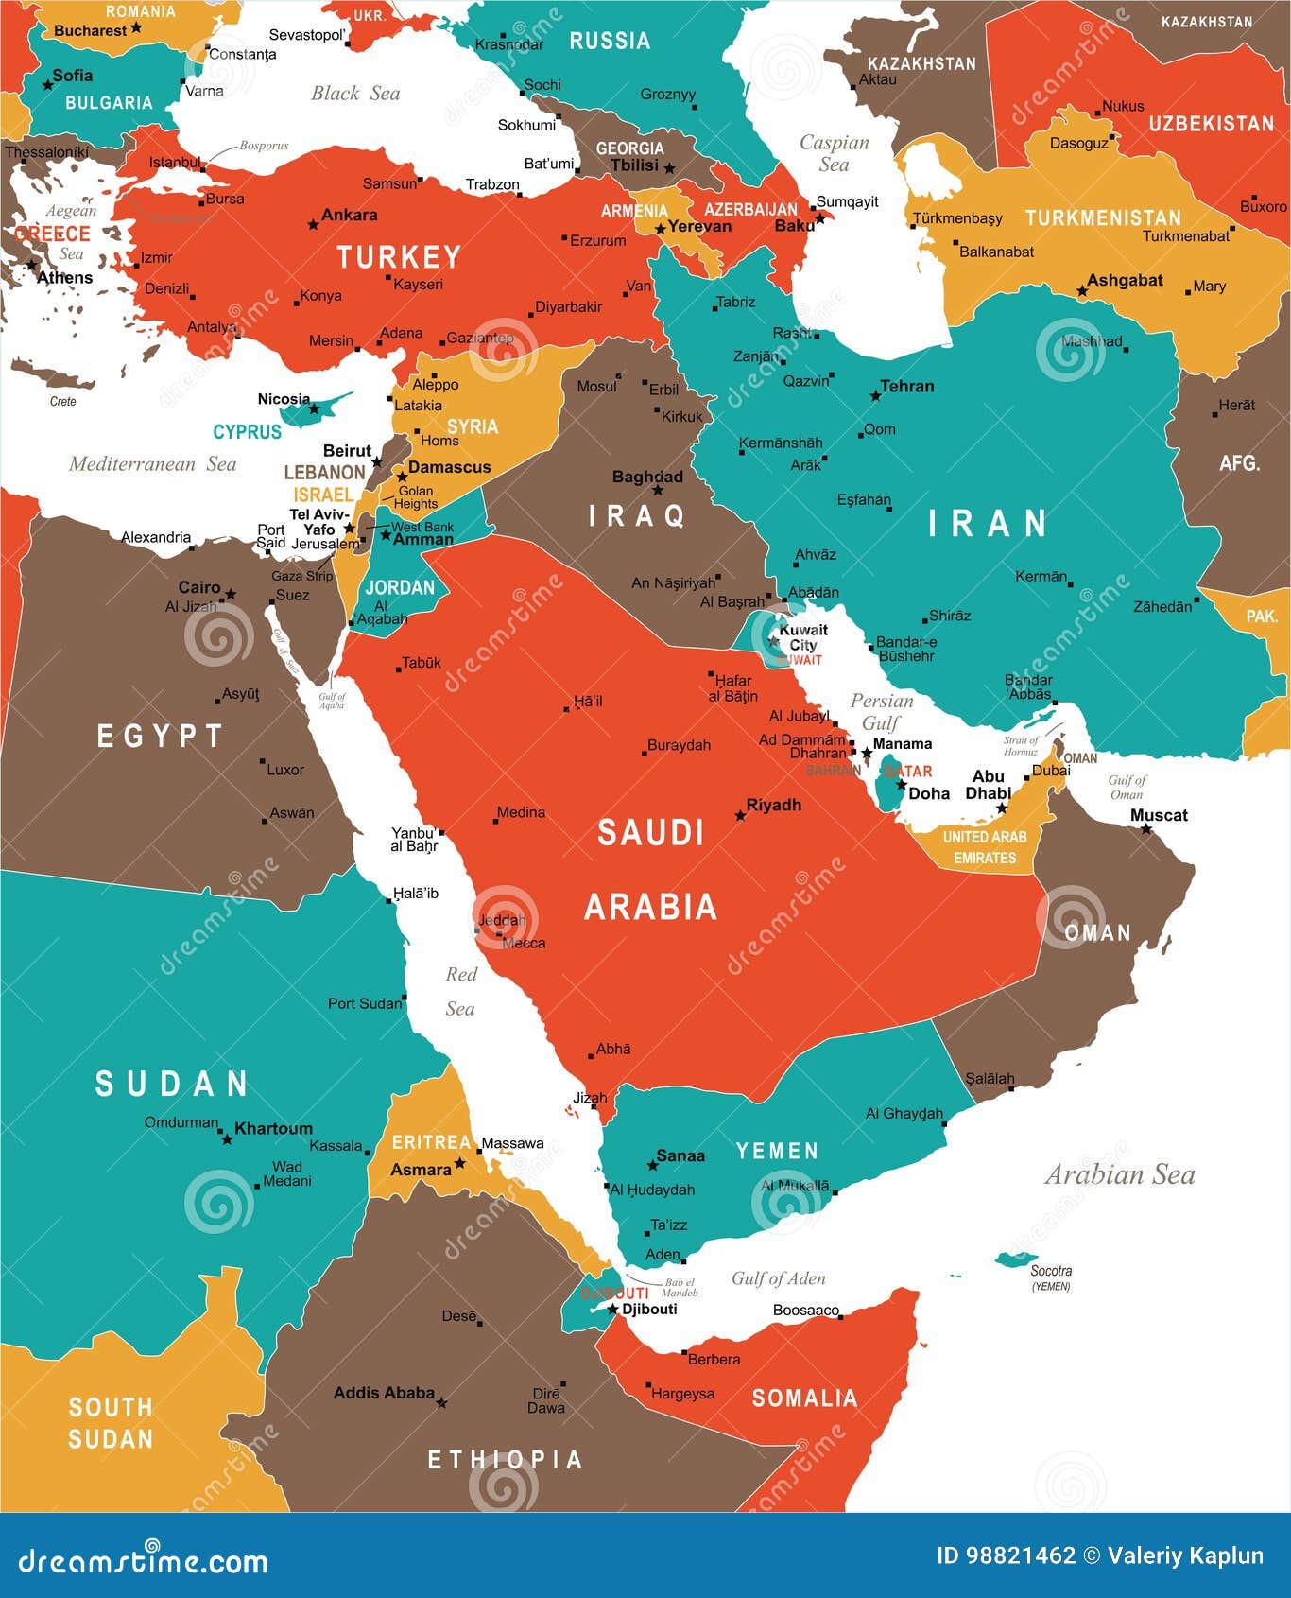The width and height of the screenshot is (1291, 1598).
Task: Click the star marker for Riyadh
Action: [740, 815]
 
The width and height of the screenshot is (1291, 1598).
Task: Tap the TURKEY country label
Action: [399, 257]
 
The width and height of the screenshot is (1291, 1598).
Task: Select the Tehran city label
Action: [907, 386]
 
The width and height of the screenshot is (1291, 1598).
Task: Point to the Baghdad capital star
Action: [658, 491]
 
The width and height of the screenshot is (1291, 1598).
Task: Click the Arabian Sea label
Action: [1120, 1174]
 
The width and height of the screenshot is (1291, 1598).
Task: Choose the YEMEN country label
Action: [777, 1151]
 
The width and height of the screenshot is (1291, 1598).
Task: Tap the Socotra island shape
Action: [1015, 1259]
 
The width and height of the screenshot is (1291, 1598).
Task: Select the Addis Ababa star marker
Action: [441, 1403]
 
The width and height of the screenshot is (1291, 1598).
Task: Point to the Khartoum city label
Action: [273, 1128]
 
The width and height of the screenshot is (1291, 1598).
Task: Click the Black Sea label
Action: [355, 93]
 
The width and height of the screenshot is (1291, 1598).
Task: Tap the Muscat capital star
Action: [1146, 829]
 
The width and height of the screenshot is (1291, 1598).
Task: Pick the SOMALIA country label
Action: [804, 1398]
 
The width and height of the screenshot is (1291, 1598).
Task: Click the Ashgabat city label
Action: [1125, 280]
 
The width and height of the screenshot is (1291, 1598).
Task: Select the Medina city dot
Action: [495, 821]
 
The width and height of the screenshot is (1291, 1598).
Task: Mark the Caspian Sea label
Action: [834, 153]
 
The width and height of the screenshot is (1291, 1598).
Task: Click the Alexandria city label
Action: [156, 537]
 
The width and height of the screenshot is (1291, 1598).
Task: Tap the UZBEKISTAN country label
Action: [1211, 124]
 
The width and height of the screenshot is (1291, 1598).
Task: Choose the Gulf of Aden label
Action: [778, 1278]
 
